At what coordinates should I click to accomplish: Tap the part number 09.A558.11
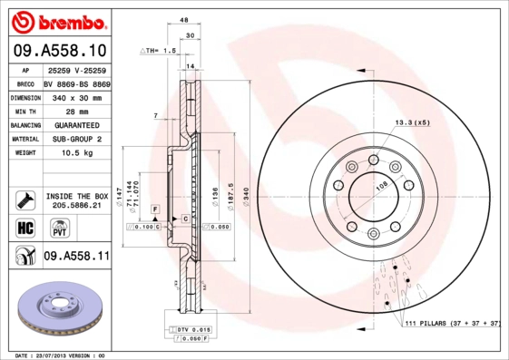76,257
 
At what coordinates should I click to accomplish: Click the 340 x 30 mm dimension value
75,96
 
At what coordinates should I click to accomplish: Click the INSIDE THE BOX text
77,196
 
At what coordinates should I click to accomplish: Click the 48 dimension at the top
183,19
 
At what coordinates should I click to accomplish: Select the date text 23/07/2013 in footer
59,355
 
